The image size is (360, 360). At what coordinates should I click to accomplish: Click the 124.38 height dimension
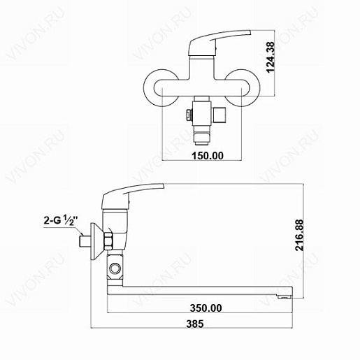271,57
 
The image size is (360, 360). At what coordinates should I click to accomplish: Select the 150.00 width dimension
208,156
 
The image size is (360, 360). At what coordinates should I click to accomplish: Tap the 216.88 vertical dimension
299,235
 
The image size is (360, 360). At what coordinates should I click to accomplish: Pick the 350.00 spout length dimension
206,308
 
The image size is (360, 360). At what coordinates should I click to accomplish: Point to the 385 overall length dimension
195,324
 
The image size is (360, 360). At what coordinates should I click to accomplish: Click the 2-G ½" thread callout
59,220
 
